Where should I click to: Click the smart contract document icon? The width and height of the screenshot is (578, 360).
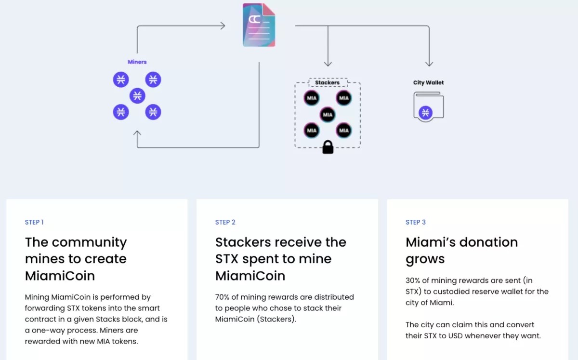pyautogui.click(x=259, y=25)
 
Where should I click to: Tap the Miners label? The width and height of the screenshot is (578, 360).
pyautogui.click(x=137, y=62)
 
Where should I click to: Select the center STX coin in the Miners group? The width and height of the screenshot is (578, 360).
pyautogui.click(x=137, y=95)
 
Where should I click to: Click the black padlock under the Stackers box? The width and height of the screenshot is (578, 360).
pyautogui.click(x=328, y=147)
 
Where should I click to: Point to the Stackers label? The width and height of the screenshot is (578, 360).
pyautogui.click(x=328, y=83)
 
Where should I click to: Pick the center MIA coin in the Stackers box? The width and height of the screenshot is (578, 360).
pyautogui.click(x=328, y=115)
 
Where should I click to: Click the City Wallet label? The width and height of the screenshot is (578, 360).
pyautogui.click(x=428, y=82)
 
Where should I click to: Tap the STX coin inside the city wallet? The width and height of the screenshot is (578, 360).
pyautogui.click(x=425, y=113)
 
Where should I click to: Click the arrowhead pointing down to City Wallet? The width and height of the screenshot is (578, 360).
pyautogui.click(x=429, y=64)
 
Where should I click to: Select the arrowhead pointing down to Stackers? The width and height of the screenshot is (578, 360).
pyautogui.click(x=328, y=64)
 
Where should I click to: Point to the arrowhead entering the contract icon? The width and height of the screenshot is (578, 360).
pyautogui.click(x=223, y=26)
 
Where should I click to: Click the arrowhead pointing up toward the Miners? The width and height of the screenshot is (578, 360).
pyautogui.click(x=137, y=133)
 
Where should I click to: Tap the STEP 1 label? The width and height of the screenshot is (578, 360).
pyautogui.click(x=34, y=222)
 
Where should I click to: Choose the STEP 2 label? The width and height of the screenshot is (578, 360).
pyautogui.click(x=225, y=222)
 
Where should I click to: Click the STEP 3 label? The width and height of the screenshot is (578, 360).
pyautogui.click(x=416, y=222)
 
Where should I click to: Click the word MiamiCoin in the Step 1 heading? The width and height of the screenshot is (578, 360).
pyautogui.click(x=60, y=276)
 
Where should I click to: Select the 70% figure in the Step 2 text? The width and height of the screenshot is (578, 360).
pyautogui.click(x=223, y=297)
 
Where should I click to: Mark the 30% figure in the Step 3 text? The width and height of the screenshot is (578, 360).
pyautogui.click(x=413, y=280)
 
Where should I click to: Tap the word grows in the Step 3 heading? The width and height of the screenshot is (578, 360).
pyautogui.click(x=425, y=259)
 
